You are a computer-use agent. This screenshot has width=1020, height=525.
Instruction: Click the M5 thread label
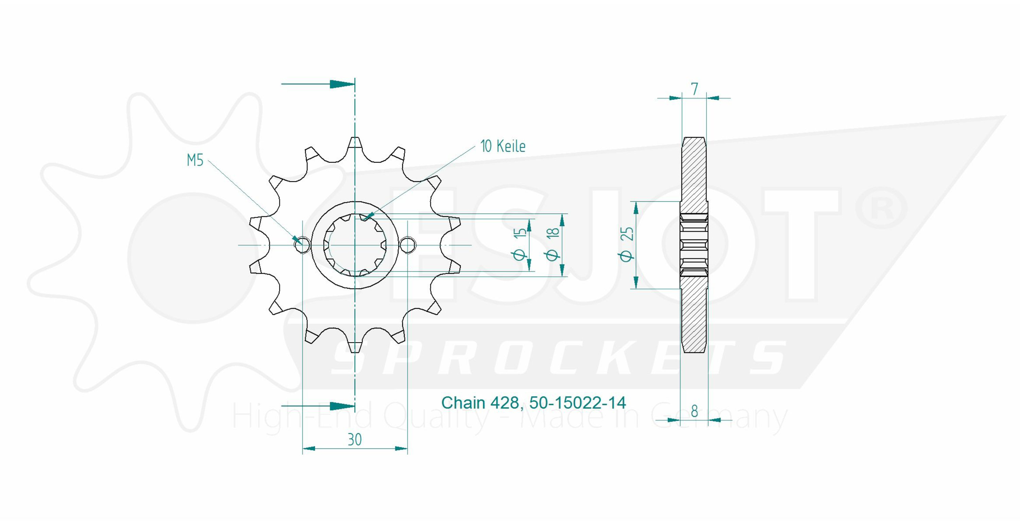pyautogui.click(x=195, y=161)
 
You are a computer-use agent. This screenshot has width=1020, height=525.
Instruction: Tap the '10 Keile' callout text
pyautogui.click(x=503, y=147)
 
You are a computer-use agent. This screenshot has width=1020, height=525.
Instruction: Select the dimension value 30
pyautogui.click(x=355, y=440)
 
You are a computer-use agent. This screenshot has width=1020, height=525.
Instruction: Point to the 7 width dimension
pyautogui.click(x=694, y=89)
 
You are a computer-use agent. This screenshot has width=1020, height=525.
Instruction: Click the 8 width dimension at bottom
pyautogui.click(x=694, y=412)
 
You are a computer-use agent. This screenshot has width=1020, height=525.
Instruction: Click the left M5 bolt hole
pyautogui.click(x=302, y=245)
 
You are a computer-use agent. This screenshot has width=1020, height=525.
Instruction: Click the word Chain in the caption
pyautogui.click(x=463, y=403)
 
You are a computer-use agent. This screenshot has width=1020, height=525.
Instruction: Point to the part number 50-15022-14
pyautogui.click(x=577, y=403)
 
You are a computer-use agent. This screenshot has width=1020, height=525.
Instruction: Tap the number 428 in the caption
pyautogui.click(x=505, y=403)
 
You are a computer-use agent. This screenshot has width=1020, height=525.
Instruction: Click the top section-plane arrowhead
pyautogui.click(x=342, y=84)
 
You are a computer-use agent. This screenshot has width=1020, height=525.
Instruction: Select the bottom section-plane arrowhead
pyautogui.click(x=342, y=406)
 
